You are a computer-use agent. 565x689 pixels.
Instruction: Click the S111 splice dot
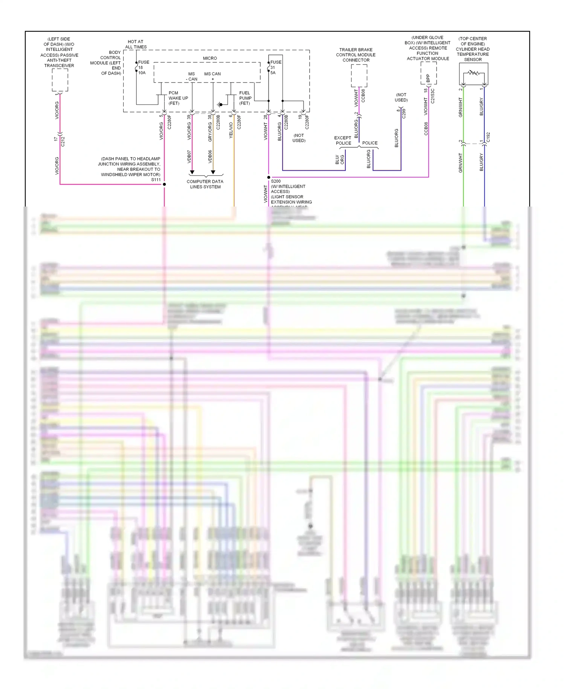(164, 184)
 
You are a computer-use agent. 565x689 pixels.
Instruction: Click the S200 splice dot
(269, 177)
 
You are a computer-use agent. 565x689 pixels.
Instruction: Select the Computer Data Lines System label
(205, 184)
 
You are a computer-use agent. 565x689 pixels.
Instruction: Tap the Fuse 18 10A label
(142, 67)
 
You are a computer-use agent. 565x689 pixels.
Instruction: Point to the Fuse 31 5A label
(275, 67)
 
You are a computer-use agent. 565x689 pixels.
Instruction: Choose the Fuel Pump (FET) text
(245, 98)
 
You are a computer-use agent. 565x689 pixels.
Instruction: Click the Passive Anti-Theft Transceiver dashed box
(60, 80)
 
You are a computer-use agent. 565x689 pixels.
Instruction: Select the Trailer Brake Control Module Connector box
(359, 75)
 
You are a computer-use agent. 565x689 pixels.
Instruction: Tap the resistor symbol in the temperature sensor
(473, 73)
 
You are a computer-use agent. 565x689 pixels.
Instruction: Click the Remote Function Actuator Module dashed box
(429, 73)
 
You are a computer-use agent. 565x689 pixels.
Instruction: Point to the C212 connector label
(63, 141)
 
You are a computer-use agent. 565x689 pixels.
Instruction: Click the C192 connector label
(488, 137)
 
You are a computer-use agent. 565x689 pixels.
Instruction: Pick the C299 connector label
(404, 113)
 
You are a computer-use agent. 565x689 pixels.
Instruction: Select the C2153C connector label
(432, 96)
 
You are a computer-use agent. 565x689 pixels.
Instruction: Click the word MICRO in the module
(210, 58)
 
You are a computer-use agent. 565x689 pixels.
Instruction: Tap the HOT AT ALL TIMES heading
(136, 44)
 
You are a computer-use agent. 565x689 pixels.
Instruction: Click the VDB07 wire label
(189, 156)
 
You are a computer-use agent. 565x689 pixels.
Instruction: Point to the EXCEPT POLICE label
(343, 140)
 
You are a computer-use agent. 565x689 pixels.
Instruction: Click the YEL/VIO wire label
(231, 130)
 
